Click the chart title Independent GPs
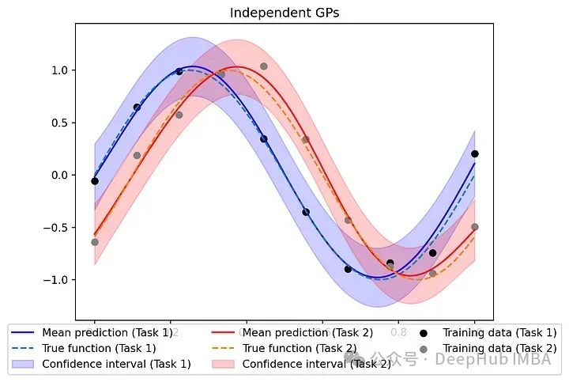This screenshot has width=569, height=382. (x=284, y=13)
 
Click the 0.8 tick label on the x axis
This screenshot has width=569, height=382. (x=399, y=333)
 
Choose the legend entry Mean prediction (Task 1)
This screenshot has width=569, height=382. (x=106, y=333)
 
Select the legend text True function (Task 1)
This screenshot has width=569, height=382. (x=99, y=348)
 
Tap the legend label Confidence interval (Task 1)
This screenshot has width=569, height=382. (x=116, y=364)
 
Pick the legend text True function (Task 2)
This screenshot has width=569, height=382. (x=300, y=348)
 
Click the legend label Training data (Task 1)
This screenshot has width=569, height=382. (x=499, y=333)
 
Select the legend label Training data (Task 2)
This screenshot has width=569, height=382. (x=499, y=348)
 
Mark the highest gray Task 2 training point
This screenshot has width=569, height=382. (x=264, y=66)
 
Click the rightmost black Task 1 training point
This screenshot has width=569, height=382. (x=475, y=153)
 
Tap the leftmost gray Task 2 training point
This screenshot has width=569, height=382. (x=95, y=242)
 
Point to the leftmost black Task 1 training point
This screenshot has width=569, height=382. (x=95, y=181)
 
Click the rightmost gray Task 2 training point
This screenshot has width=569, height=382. (x=475, y=227)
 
